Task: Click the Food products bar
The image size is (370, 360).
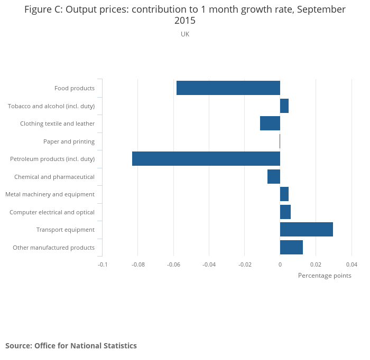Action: (x=228, y=88)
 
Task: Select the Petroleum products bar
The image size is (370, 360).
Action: (x=206, y=159)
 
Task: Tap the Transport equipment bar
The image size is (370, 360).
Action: (x=306, y=230)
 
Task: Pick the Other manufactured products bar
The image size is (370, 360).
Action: (x=291, y=247)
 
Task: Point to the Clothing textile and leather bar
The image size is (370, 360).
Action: (x=270, y=124)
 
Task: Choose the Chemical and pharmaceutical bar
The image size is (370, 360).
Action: (x=273, y=176)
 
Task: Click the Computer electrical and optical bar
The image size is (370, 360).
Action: (x=285, y=212)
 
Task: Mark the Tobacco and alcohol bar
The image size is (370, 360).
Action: (x=284, y=106)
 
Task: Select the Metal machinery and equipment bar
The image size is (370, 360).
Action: (x=284, y=194)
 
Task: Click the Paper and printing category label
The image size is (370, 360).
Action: (x=69, y=141)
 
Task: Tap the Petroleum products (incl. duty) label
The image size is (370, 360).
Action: (x=52, y=159)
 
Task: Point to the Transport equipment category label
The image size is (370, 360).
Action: (x=66, y=230)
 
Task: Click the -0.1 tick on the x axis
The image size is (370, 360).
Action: (x=103, y=264)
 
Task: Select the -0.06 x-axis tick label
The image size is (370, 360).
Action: (x=173, y=264)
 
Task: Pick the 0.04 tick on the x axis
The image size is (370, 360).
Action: (x=351, y=264)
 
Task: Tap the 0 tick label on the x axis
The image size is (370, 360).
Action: (x=280, y=264)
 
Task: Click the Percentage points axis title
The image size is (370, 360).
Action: (x=325, y=276)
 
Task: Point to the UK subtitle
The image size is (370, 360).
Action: (x=185, y=34)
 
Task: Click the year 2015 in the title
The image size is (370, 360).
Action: (x=185, y=21)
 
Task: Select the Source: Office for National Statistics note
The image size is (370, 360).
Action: (x=71, y=346)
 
